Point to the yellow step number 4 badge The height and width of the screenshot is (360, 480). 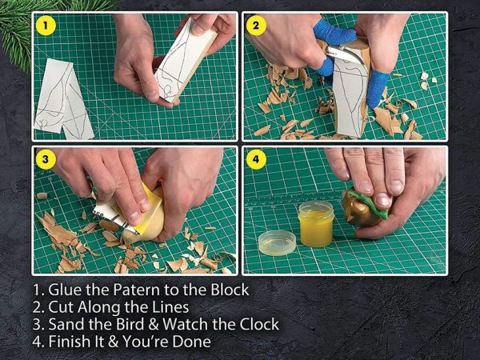pos(256,159)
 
